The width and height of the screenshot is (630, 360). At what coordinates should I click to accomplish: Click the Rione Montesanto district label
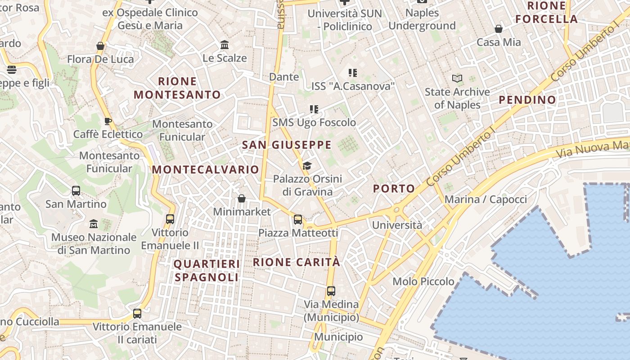177,88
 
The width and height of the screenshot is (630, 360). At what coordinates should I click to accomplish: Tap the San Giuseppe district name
287,145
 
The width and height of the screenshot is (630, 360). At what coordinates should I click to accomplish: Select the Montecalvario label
206,170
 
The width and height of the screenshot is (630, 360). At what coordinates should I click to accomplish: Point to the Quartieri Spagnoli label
207,270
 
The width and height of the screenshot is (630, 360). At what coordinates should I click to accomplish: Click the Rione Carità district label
297,262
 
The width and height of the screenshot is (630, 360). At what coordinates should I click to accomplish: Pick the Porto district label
394,189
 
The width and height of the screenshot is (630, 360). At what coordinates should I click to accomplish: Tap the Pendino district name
527,100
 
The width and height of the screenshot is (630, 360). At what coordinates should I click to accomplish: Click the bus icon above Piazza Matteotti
297,220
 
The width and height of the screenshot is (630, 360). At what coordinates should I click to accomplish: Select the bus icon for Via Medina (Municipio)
331,291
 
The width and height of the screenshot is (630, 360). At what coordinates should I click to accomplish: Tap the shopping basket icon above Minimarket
242,198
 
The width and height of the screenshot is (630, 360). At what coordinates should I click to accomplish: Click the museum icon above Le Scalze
225,45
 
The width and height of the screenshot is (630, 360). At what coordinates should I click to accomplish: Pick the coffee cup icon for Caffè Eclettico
108,121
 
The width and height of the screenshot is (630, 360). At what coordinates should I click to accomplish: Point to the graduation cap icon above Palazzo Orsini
307,166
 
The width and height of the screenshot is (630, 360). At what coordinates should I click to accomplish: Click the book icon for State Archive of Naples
457,79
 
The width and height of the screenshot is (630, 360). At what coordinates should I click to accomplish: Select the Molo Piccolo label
423,282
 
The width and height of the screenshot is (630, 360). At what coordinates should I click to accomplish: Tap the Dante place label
284,77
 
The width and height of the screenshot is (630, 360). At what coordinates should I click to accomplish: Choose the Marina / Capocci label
486,199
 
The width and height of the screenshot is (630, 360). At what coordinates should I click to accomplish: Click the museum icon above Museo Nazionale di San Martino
94,224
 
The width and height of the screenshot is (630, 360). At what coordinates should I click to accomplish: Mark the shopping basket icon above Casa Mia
499,29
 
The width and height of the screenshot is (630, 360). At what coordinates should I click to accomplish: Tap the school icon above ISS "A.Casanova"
353,72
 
